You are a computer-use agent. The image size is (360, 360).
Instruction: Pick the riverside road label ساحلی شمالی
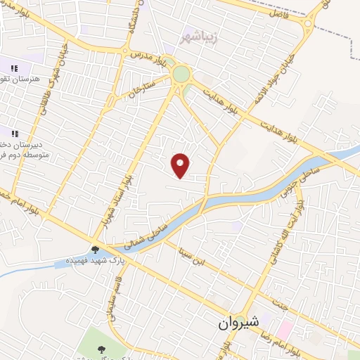[139, 236]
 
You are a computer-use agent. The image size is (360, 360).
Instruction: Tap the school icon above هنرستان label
[14, 68]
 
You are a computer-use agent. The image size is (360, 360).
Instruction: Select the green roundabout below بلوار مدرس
[181, 74]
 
